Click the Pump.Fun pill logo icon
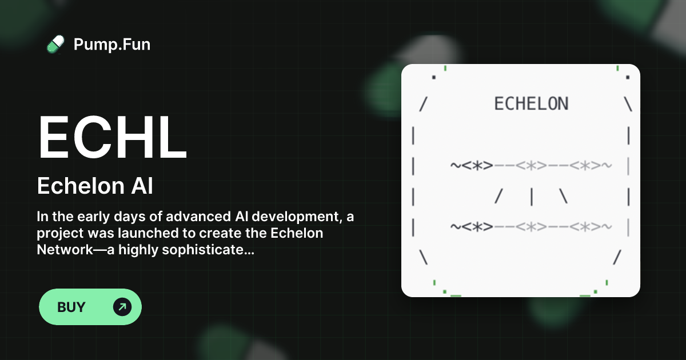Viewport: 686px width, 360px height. point(55,44)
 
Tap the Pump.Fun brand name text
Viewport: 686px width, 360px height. point(112,44)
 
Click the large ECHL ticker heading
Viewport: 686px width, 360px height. point(112,138)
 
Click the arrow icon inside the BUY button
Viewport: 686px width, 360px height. point(122,307)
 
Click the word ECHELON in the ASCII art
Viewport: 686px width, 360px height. point(531,104)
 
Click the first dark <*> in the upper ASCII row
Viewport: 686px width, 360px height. point(478,166)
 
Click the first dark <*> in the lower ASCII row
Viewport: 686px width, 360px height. point(478,227)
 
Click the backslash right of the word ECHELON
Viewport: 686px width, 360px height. point(628,105)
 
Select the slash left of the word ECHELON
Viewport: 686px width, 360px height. point(423,105)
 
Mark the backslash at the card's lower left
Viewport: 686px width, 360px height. point(423,257)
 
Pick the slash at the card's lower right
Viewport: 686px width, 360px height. point(617,257)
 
